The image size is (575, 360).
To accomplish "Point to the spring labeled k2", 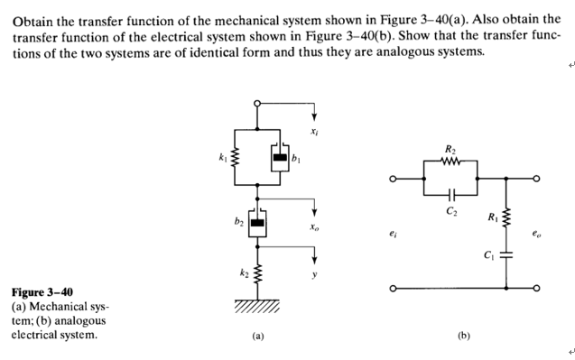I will tap(258, 271).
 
